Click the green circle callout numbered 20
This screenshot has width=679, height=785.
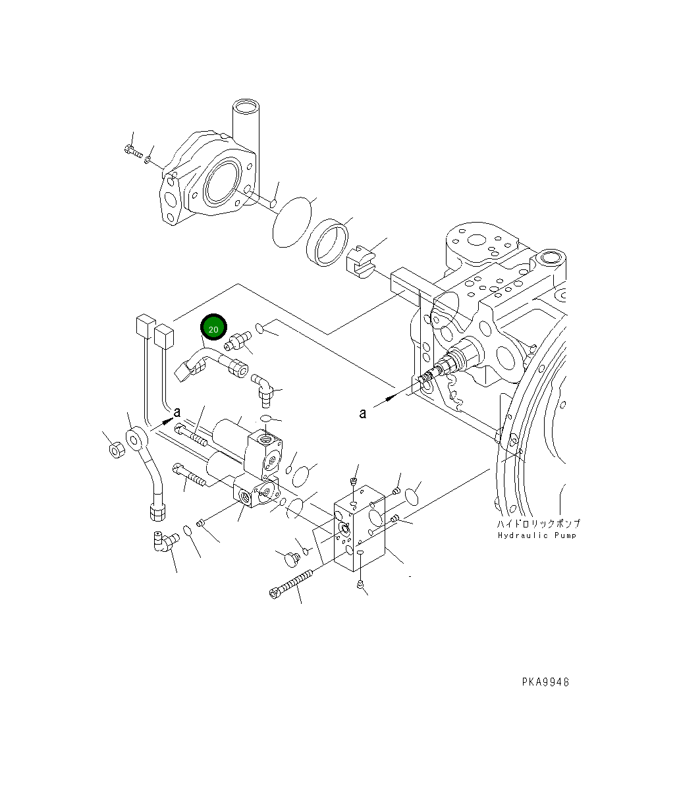click(x=213, y=327)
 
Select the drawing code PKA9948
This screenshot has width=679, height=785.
click(x=542, y=682)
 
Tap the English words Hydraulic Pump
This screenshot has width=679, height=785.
click(x=537, y=535)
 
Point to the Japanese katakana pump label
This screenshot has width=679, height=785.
click(x=538, y=524)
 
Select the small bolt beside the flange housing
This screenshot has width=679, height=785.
click(x=132, y=151)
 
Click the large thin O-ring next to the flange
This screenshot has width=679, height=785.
click(x=292, y=221)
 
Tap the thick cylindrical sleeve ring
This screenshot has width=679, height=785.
click(x=328, y=242)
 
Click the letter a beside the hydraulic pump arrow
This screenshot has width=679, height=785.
click(x=362, y=413)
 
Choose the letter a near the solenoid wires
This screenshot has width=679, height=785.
click(x=177, y=412)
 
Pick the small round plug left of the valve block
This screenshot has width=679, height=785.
click(x=290, y=559)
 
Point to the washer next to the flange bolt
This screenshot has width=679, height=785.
click(x=149, y=159)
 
